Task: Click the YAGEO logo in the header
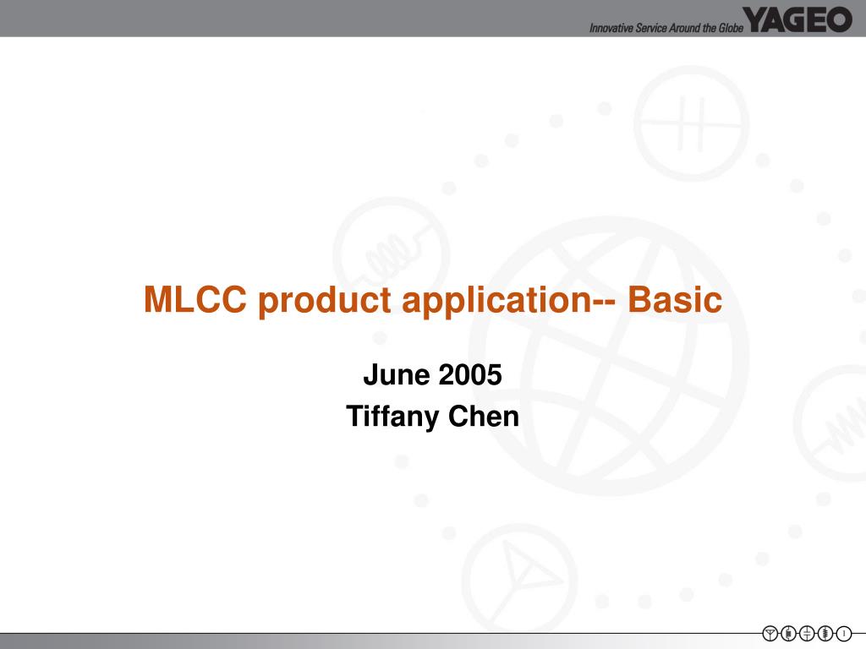[798, 19]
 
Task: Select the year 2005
[470, 374]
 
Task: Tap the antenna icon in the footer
[770, 633]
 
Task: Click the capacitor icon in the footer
[807, 633]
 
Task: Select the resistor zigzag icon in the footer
[825, 633]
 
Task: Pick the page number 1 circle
[843, 633]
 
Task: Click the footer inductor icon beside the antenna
[788, 633]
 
